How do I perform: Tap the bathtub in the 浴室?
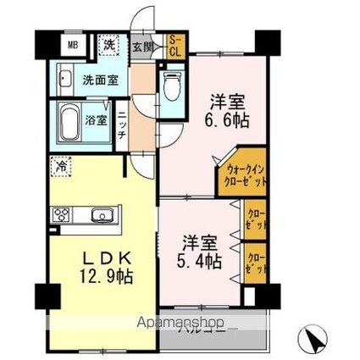point(72,124)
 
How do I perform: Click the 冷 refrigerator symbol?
point(62,166)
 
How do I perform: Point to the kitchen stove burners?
point(63,217)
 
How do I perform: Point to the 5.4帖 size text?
point(200,261)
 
